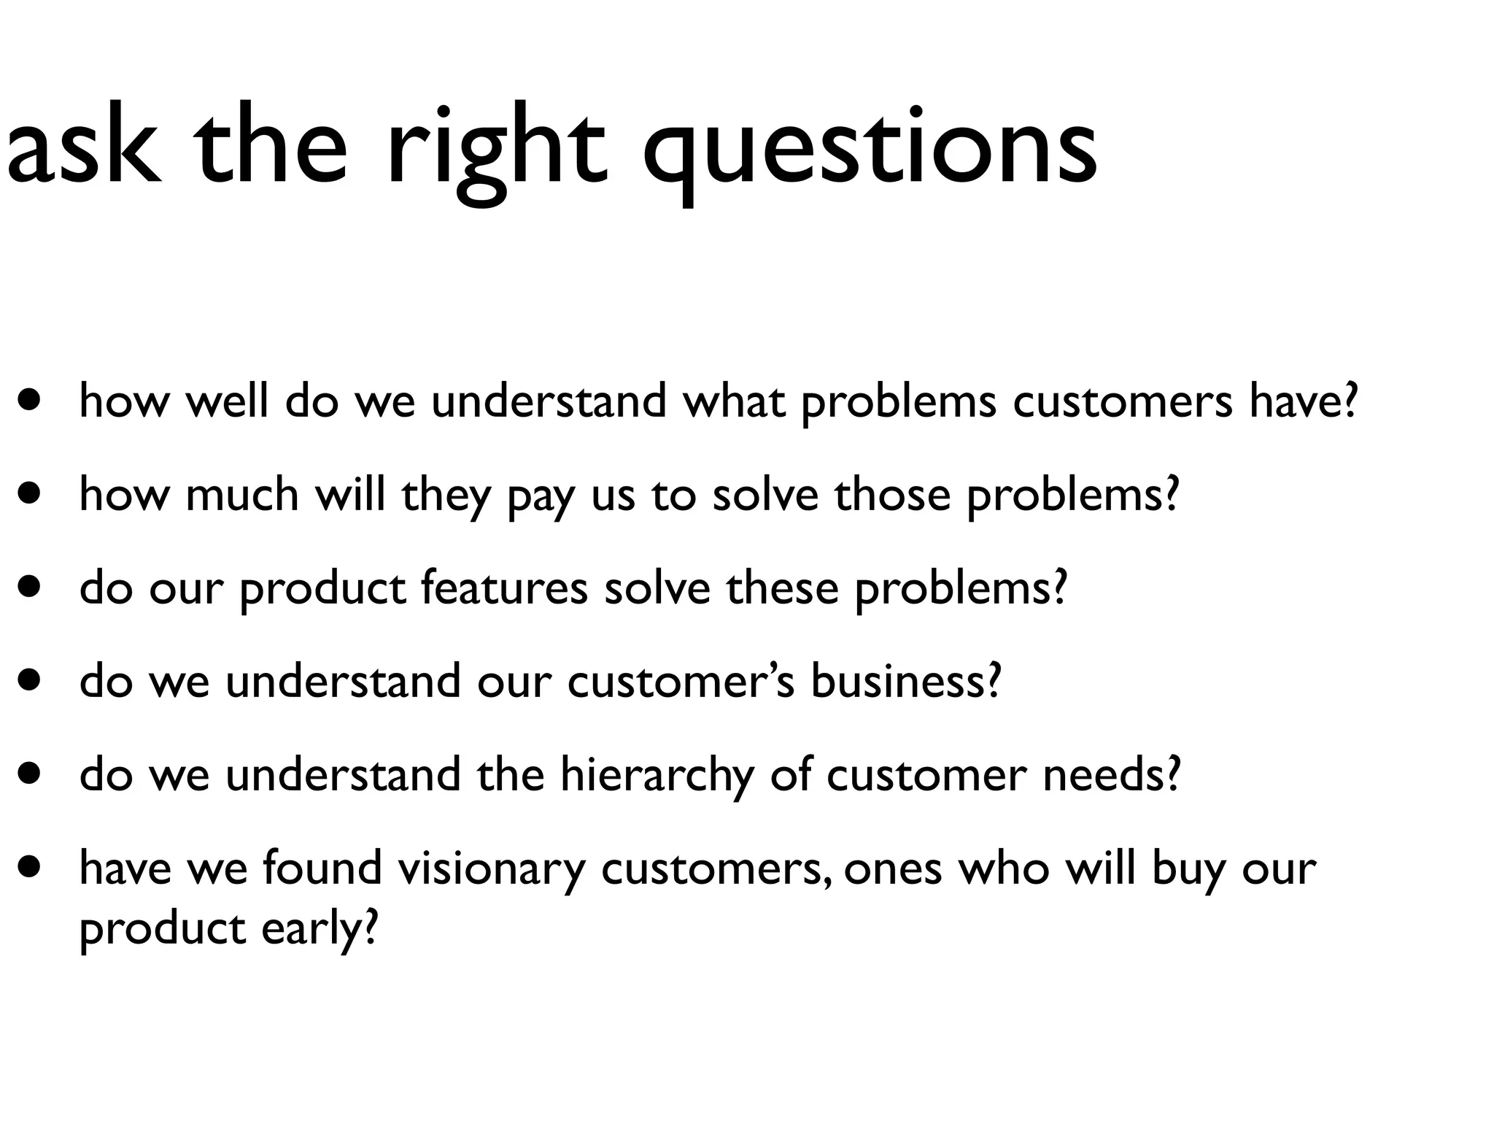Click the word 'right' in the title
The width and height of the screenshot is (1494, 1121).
click(x=496, y=150)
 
